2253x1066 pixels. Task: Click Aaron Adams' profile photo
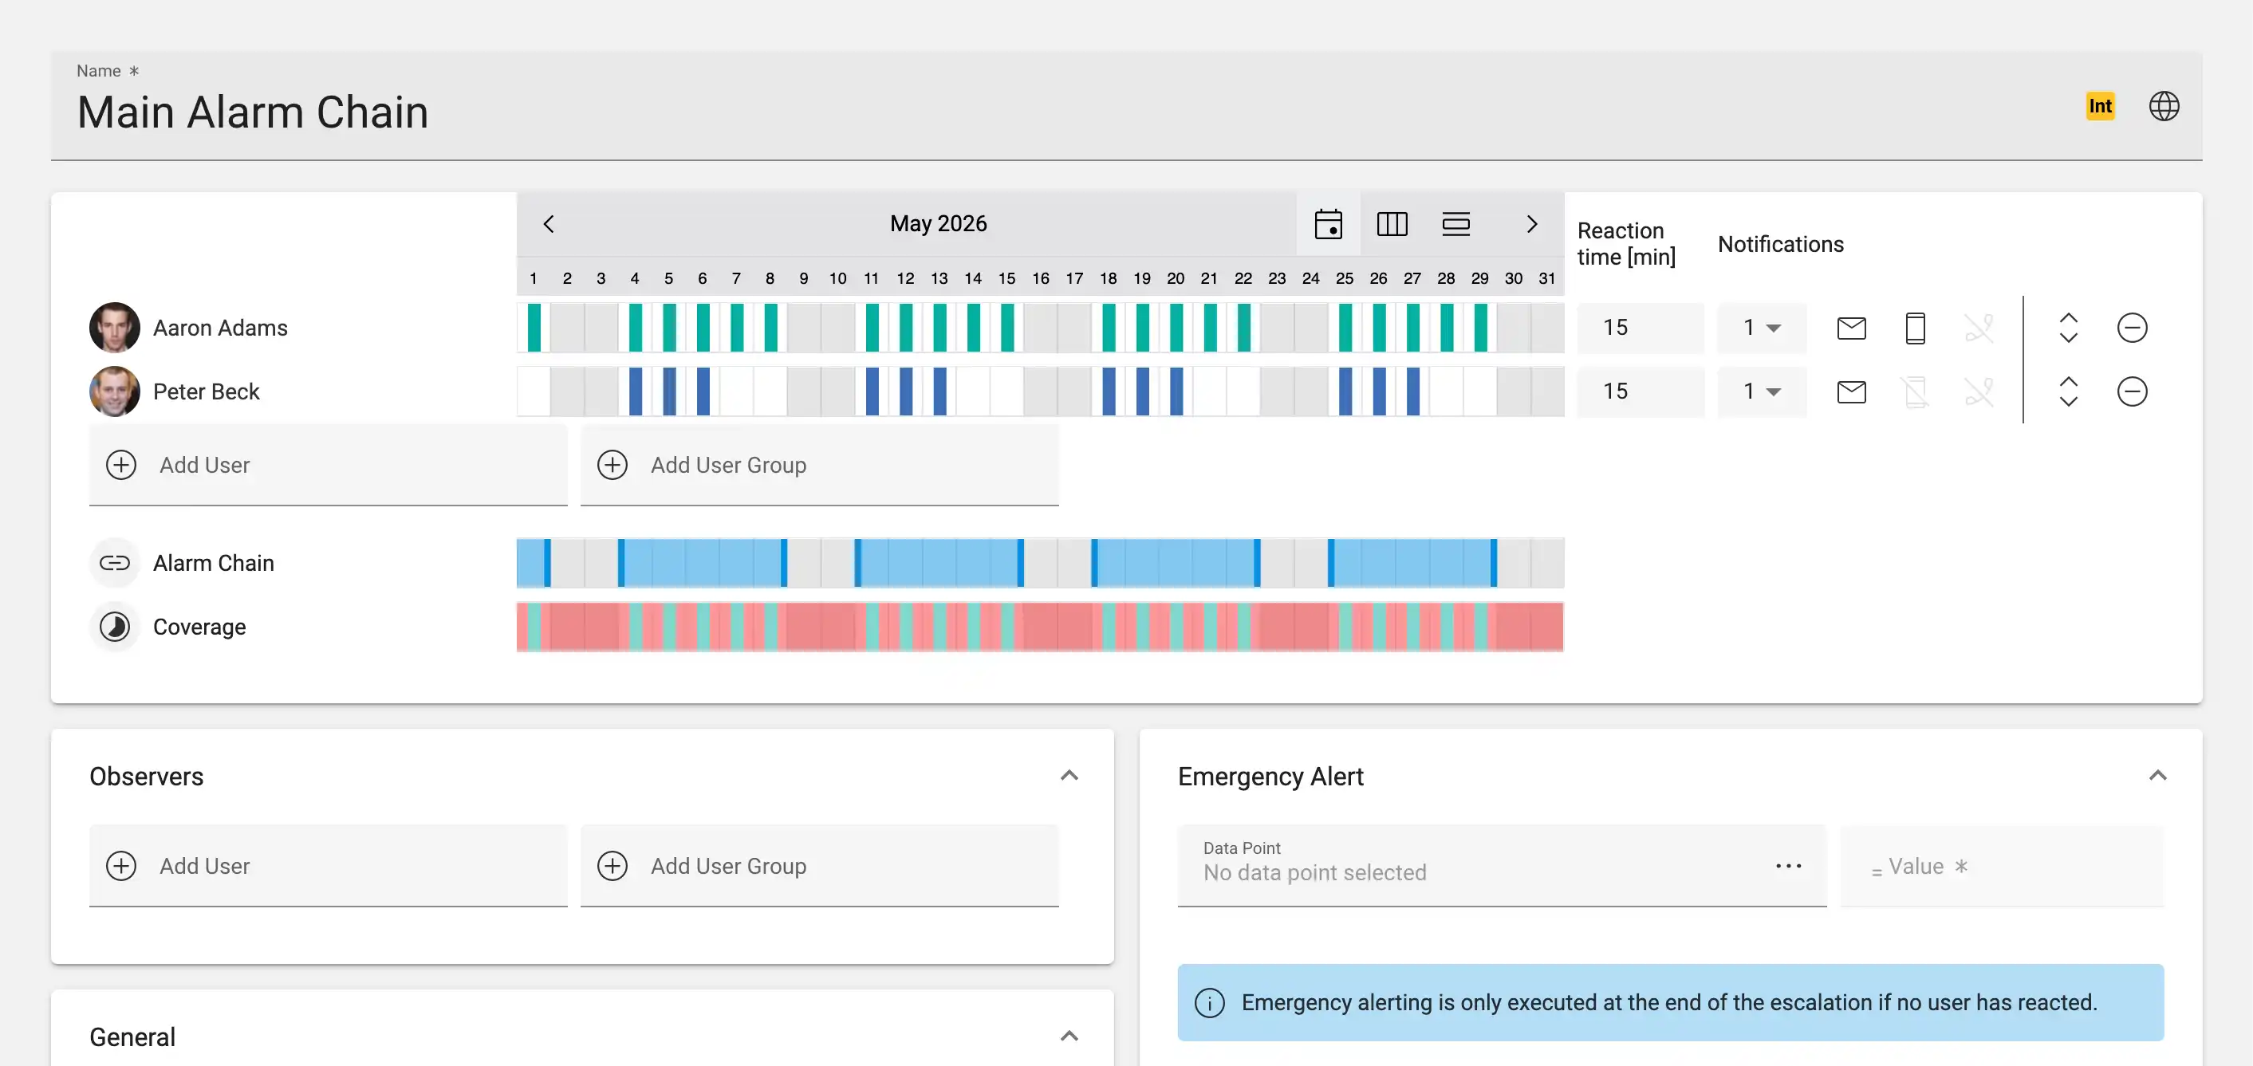coord(115,327)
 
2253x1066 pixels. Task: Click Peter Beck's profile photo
coord(115,391)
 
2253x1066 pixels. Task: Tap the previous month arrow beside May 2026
coord(549,224)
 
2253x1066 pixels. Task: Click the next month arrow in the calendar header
coord(1531,224)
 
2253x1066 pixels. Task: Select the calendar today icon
coord(1328,224)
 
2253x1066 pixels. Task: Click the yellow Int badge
coord(2100,106)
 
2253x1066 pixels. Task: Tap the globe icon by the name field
coord(2164,106)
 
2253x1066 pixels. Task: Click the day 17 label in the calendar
coord(1074,278)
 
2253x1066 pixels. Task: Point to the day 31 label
coord(1547,278)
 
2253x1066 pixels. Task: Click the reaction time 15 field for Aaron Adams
coord(1640,327)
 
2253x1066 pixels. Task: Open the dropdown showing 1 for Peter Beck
coord(1762,391)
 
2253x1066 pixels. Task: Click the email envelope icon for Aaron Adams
coord(1851,328)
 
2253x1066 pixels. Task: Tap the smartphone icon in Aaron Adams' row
coord(1915,328)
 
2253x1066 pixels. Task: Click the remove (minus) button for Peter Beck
coord(2132,391)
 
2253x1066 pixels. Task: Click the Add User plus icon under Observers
coord(120,866)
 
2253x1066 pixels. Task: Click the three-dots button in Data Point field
coord(1788,866)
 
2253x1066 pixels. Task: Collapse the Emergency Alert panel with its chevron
coord(2157,776)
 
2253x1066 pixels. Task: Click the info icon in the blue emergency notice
coord(1210,1002)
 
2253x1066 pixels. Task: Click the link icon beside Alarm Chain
coord(115,563)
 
